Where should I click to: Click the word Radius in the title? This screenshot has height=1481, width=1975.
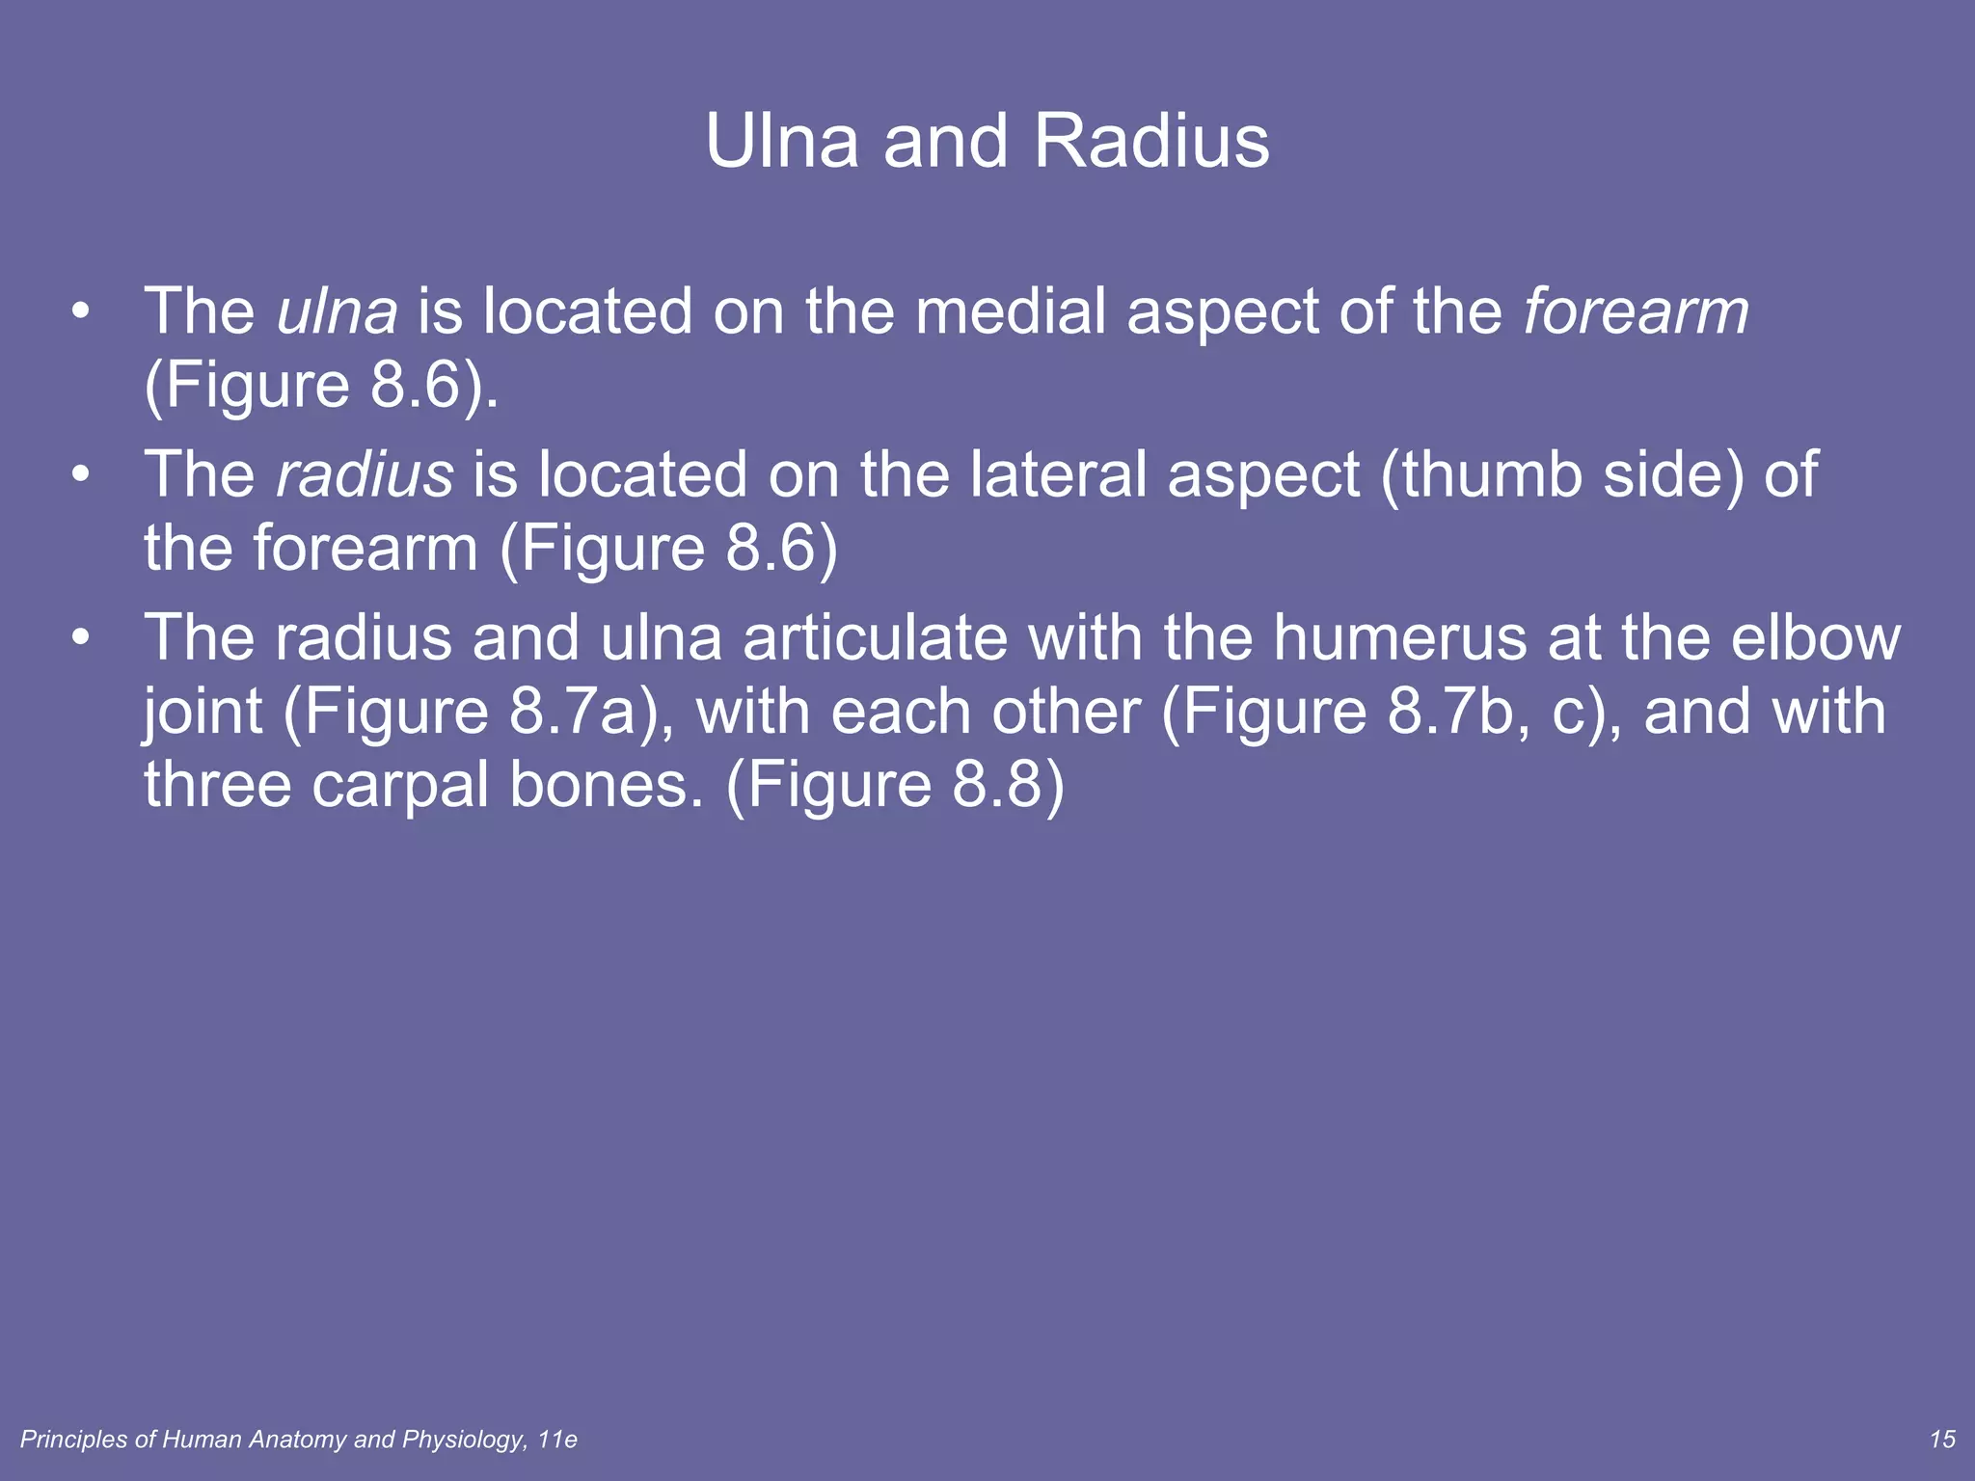pos(1151,142)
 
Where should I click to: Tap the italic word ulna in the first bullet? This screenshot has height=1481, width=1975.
pos(337,311)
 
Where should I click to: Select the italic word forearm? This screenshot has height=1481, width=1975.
pos(1636,311)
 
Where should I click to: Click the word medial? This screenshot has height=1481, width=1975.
pos(1010,311)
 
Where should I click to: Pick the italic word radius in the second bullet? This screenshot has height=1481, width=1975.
pos(365,474)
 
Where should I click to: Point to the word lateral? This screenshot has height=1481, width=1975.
pos(1057,474)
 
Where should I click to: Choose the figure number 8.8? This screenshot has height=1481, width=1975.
pos(998,785)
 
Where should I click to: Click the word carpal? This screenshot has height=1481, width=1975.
pos(400,785)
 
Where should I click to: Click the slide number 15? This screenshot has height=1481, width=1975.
pos(1942,1440)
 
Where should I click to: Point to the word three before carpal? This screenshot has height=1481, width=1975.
pos(217,785)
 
